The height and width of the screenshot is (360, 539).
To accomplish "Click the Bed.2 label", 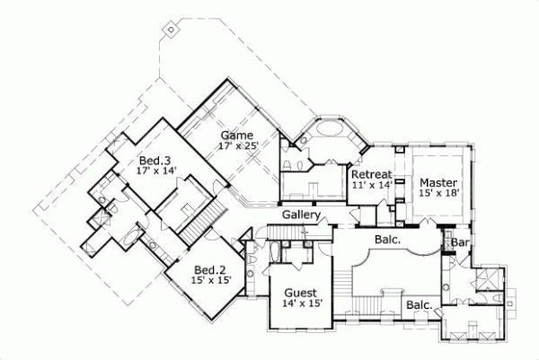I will coord(210,268).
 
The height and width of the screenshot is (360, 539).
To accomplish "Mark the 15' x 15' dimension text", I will coord(210,279).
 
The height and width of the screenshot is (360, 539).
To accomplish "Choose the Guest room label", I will coord(301,293).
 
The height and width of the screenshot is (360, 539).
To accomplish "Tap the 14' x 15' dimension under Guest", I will coord(301,303).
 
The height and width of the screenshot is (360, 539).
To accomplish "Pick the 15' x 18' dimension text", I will coord(438,193).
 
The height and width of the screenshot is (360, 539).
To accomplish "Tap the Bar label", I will coord(461,242).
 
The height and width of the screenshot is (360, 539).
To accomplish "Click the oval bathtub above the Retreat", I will coord(331,130).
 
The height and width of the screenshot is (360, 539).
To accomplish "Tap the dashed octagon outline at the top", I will coord(172,30).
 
